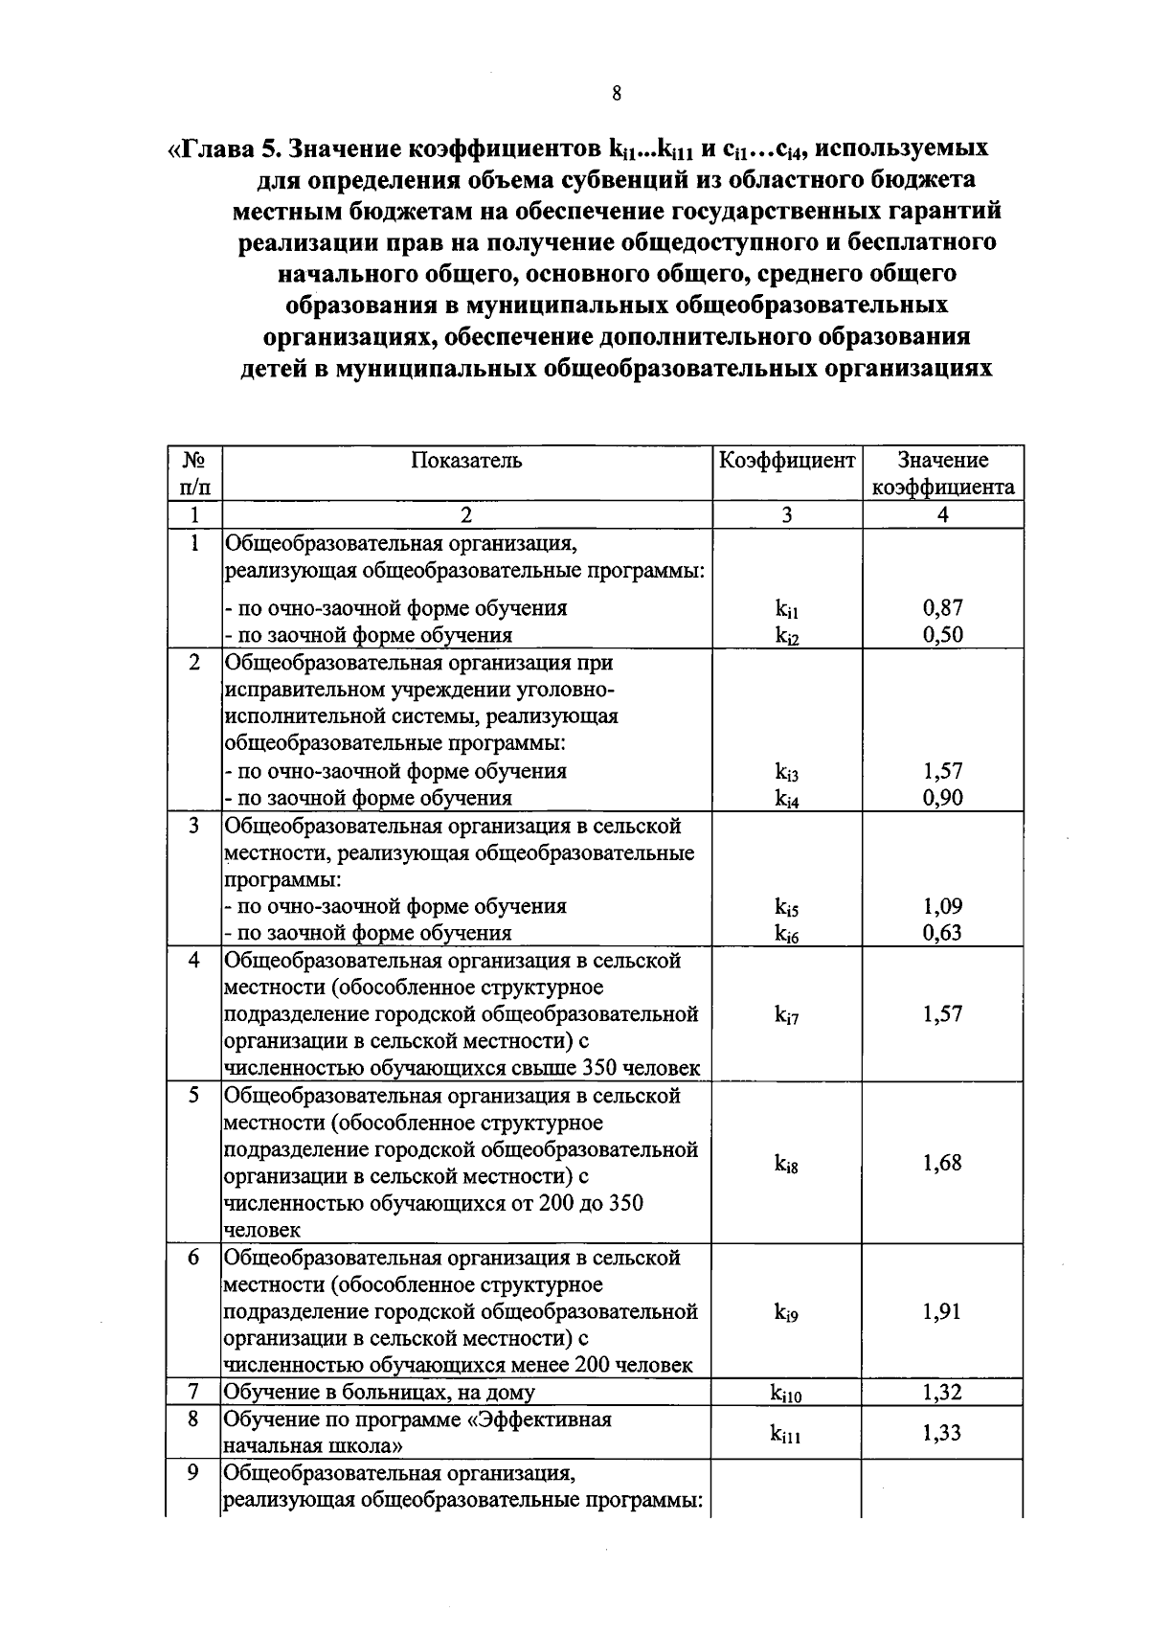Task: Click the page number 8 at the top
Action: [x=616, y=93]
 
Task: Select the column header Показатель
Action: [x=466, y=461]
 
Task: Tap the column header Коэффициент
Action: [x=787, y=461]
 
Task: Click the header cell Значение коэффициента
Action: [x=943, y=473]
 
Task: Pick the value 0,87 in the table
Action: [x=943, y=607]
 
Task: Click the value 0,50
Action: [x=943, y=634]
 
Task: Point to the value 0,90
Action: [x=943, y=797]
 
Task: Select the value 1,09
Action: [x=943, y=905]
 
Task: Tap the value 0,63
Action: [x=943, y=932]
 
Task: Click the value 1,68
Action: [x=943, y=1163]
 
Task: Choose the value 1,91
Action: [x=943, y=1311]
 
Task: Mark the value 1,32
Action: [x=943, y=1393]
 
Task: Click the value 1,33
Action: [x=943, y=1433]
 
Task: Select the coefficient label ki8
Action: [x=787, y=1165]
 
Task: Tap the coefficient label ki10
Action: [x=787, y=1395]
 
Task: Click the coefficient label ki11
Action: [x=787, y=1434]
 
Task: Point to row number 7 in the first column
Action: [x=194, y=1392]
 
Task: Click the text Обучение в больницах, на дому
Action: [x=379, y=1393]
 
